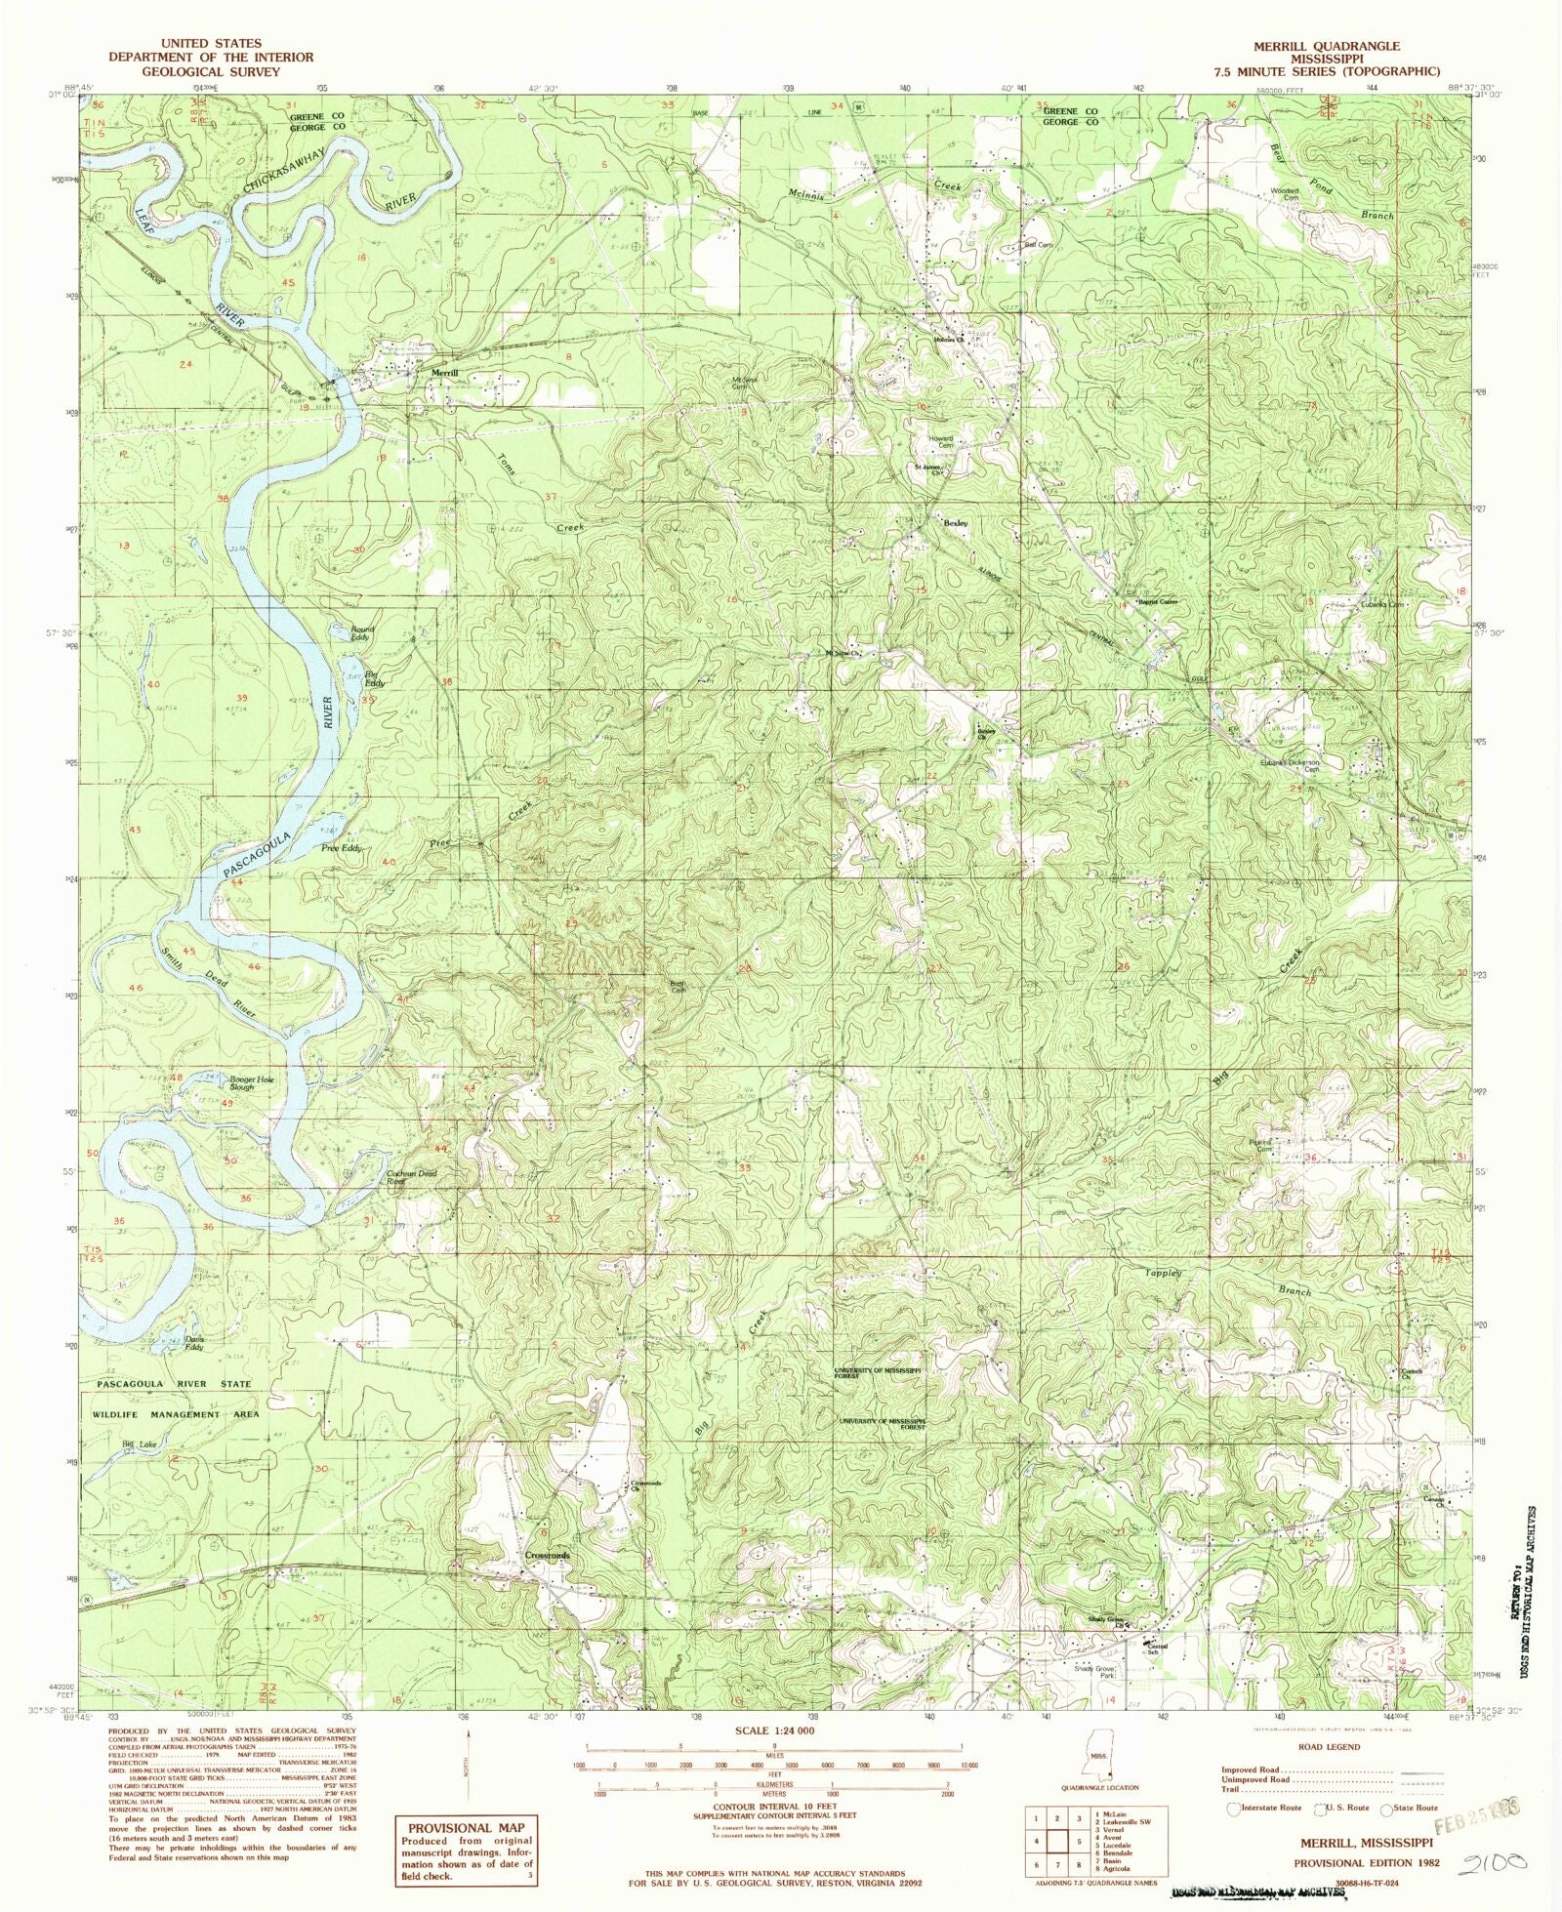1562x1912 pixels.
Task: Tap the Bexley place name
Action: (955, 523)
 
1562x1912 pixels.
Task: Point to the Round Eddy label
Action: (362, 633)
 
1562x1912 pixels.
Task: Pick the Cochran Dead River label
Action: (382, 1177)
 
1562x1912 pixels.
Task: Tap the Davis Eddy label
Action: (194, 1342)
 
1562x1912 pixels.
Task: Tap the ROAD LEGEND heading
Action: (1329, 1747)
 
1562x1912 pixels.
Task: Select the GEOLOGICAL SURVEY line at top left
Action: (211, 71)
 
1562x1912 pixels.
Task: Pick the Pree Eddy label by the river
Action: (342, 848)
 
